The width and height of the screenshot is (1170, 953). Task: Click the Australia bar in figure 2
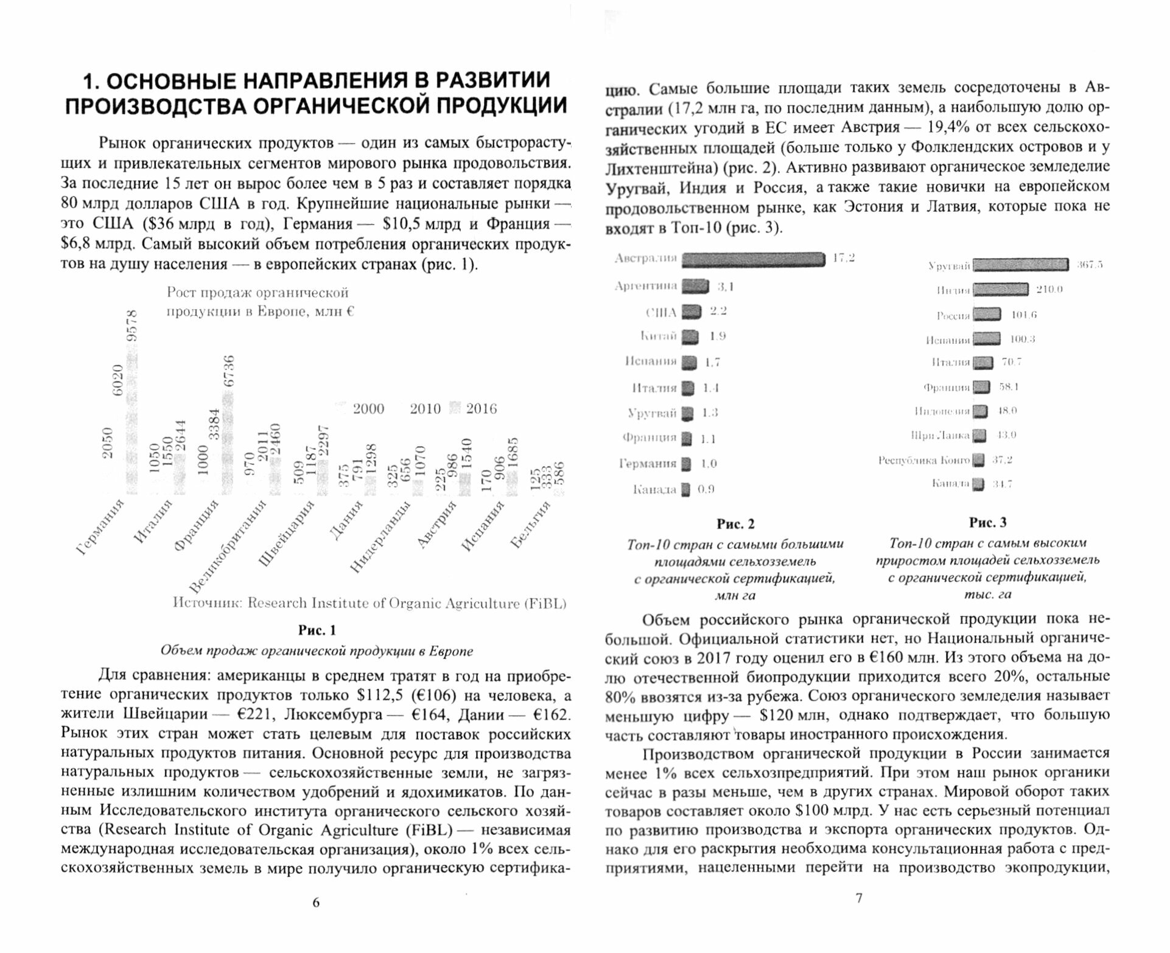pos(752,260)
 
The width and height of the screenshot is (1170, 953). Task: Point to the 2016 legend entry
pos(475,409)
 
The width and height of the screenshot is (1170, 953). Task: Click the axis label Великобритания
pos(228,546)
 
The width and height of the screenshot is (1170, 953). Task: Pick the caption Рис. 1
pos(317,630)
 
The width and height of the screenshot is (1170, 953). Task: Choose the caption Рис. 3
pos(987,523)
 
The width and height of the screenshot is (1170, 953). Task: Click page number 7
pos(859,898)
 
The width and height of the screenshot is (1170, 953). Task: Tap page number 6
pos(315,902)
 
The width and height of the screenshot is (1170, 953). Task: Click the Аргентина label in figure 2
pos(646,286)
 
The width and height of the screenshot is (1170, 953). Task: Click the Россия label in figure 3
pos(953,315)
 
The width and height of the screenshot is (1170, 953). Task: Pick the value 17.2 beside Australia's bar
pos(843,258)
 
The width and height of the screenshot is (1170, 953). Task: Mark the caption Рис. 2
pos(735,524)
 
